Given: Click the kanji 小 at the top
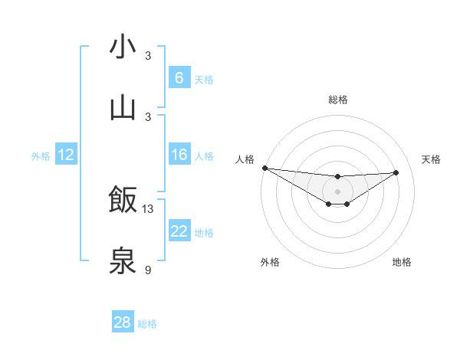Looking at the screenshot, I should tap(123, 47).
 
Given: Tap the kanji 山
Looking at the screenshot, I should tap(123, 108).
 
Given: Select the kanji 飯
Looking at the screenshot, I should tap(123, 200).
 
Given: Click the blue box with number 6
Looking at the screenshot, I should tap(179, 77).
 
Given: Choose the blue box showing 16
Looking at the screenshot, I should tap(179, 155).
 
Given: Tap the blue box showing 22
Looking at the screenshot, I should tap(179, 231).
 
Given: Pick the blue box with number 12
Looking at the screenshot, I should tap(65, 155).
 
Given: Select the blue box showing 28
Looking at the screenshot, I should tap(122, 322).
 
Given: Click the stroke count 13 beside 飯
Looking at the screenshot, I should tap(148, 209).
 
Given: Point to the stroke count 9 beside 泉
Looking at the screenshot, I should tap(148, 270).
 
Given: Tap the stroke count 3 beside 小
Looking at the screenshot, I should tap(148, 56).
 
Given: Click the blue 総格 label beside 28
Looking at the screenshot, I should tap(147, 324).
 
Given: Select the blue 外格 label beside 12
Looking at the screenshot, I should tap(41, 155).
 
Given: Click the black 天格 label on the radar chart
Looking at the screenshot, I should tap(431, 159).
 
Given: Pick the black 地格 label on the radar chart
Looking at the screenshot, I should tap(402, 262).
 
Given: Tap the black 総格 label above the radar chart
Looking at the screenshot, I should tap(337, 100).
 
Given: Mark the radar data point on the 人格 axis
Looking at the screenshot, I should tap(264, 168).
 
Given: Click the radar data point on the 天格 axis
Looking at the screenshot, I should tap(396, 172).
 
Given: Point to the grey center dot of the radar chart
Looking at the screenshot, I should tap(337, 191).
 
